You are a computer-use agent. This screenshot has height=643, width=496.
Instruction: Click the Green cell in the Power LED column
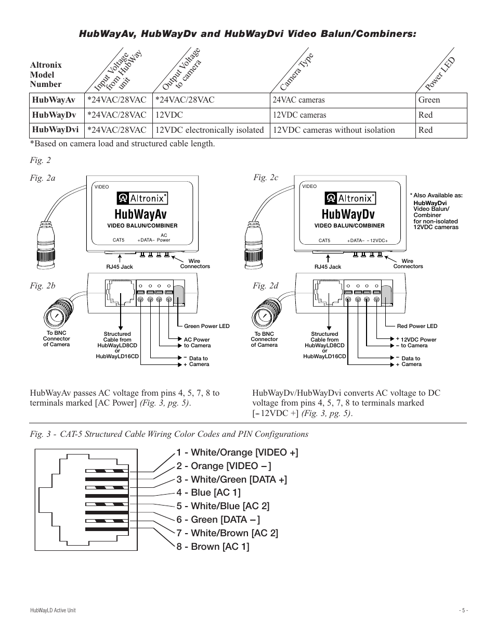[x=429, y=100]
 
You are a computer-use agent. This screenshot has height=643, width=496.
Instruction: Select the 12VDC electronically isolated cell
[x=210, y=130]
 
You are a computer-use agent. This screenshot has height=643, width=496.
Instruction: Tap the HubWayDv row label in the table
[x=54, y=115]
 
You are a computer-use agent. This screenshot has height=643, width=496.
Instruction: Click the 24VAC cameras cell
[x=298, y=100]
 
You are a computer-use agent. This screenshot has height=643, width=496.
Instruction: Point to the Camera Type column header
[x=296, y=72]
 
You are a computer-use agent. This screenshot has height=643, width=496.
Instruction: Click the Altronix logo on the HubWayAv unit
[x=142, y=198]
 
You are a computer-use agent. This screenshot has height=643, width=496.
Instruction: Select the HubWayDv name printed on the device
[x=348, y=214]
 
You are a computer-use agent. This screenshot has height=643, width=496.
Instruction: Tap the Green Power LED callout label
[x=206, y=326]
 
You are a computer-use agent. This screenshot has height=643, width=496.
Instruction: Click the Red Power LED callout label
[x=417, y=326]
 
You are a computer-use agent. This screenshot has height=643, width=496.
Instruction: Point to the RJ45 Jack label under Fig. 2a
[x=120, y=267]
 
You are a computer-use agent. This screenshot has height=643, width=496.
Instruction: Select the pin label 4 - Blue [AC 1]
[x=208, y=493]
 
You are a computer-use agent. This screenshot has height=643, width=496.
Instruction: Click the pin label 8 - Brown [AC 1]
[x=213, y=546]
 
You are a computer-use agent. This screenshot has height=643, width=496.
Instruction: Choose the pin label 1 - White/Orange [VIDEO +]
[x=237, y=452]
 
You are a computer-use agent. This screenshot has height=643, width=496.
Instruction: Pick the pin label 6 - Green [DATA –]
[x=218, y=519]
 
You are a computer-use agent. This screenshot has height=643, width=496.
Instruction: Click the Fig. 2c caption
[x=266, y=177]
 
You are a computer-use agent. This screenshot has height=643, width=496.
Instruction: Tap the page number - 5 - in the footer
[x=463, y=610]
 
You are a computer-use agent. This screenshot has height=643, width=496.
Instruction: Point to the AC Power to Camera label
[x=197, y=343]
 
